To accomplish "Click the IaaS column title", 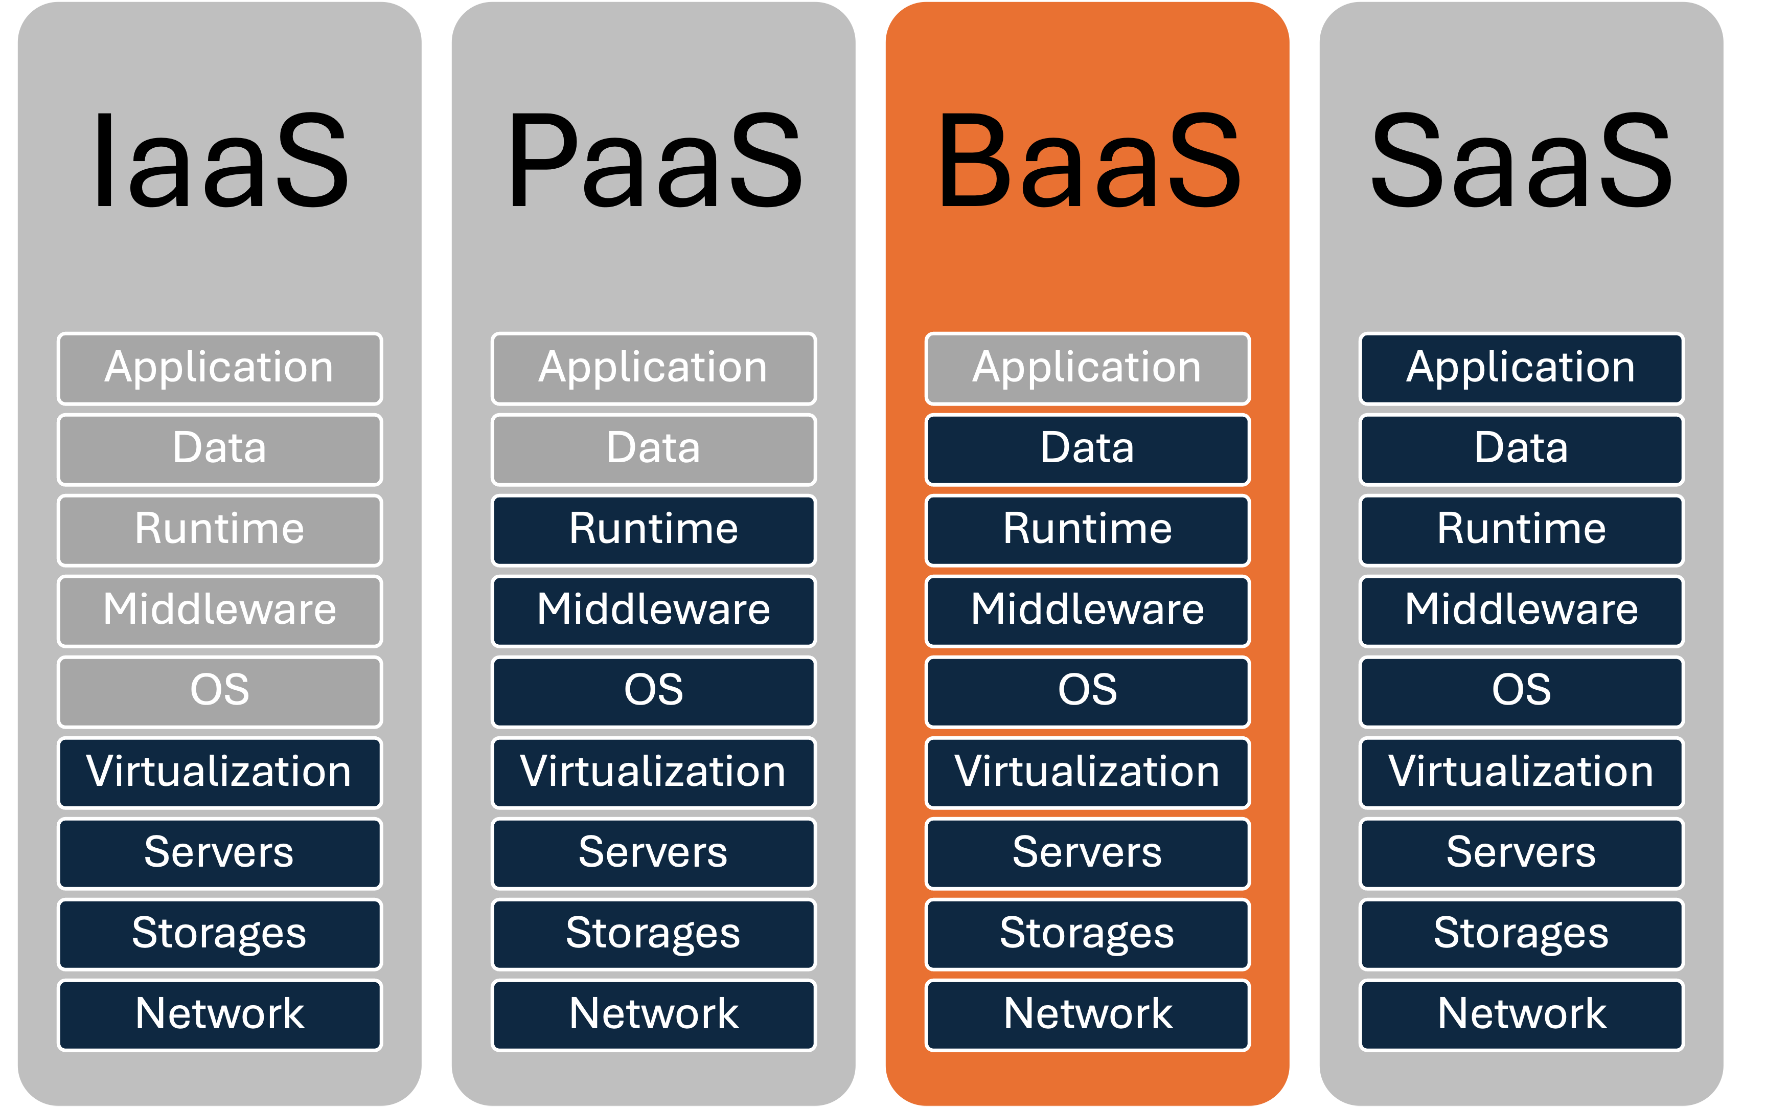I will pyautogui.click(x=220, y=161).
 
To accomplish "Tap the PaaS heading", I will pyautogui.click(x=654, y=161).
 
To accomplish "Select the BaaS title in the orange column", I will pyautogui.click(x=1088, y=161).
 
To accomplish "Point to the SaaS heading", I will pyautogui.click(x=1521, y=161).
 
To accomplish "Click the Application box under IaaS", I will pyautogui.click(x=220, y=368).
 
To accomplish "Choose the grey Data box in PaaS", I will pyautogui.click(x=653, y=448).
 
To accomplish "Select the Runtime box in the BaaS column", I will pyautogui.click(x=1088, y=530).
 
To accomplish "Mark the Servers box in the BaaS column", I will pyautogui.click(x=1088, y=853).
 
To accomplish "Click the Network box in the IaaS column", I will pyautogui.click(x=220, y=1015).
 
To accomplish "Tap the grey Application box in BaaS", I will pyautogui.click(x=1088, y=368).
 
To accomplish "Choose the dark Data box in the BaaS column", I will pyautogui.click(x=1088, y=448).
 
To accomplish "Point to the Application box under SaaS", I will pyautogui.click(x=1521, y=368).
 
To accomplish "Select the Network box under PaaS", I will pyautogui.click(x=653, y=1015).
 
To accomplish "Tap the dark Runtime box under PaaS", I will pyautogui.click(x=653, y=530).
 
